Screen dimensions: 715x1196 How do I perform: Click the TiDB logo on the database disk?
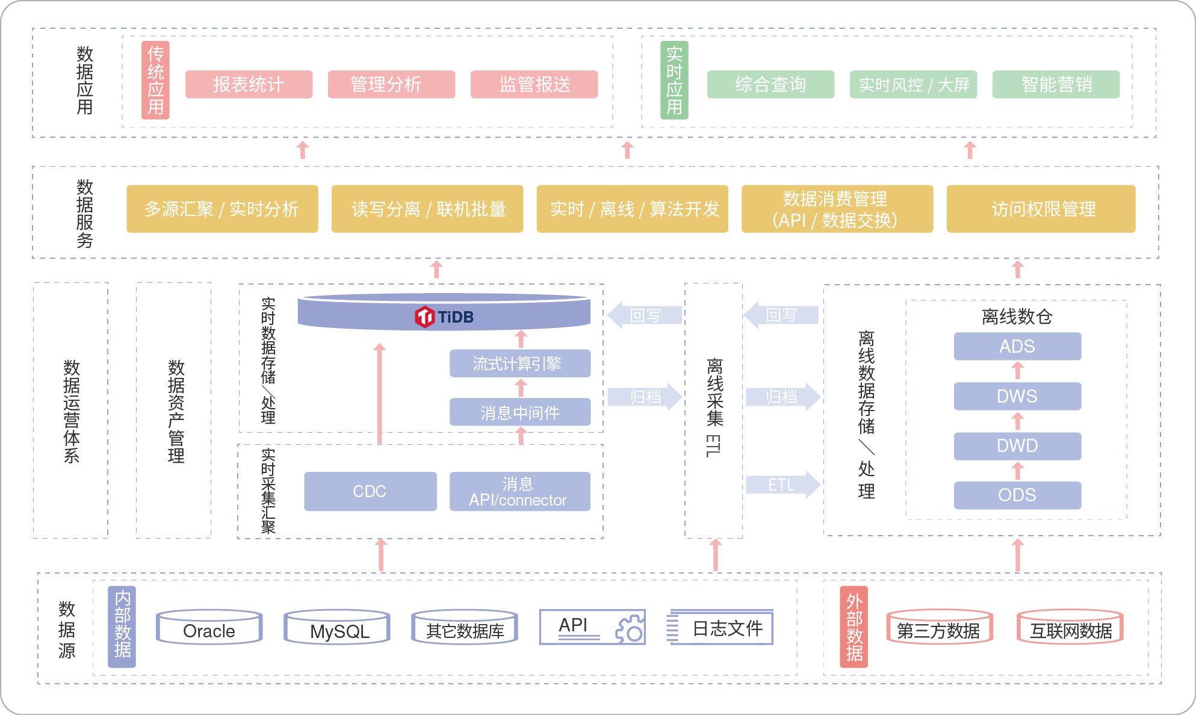[424, 317]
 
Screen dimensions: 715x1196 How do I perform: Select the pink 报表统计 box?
[249, 84]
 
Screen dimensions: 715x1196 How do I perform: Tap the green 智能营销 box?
[1056, 84]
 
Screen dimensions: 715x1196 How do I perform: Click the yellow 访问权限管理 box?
[1041, 209]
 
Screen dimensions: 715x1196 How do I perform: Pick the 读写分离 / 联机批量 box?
[427, 209]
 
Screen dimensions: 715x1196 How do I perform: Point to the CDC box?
[370, 491]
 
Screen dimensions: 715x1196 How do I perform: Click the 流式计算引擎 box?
[519, 364]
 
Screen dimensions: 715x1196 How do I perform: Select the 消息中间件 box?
[519, 412]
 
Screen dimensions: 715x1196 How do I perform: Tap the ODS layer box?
[1017, 495]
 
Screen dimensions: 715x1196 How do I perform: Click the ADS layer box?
[1017, 346]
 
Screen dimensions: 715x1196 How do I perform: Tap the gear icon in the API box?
[630, 629]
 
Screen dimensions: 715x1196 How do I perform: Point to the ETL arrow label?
[781, 485]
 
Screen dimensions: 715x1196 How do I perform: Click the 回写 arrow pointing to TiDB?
[645, 315]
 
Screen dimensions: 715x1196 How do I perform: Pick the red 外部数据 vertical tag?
[854, 627]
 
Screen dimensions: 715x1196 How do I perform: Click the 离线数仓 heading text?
[1017, 317]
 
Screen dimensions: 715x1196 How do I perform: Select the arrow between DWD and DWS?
[1017, 421]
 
